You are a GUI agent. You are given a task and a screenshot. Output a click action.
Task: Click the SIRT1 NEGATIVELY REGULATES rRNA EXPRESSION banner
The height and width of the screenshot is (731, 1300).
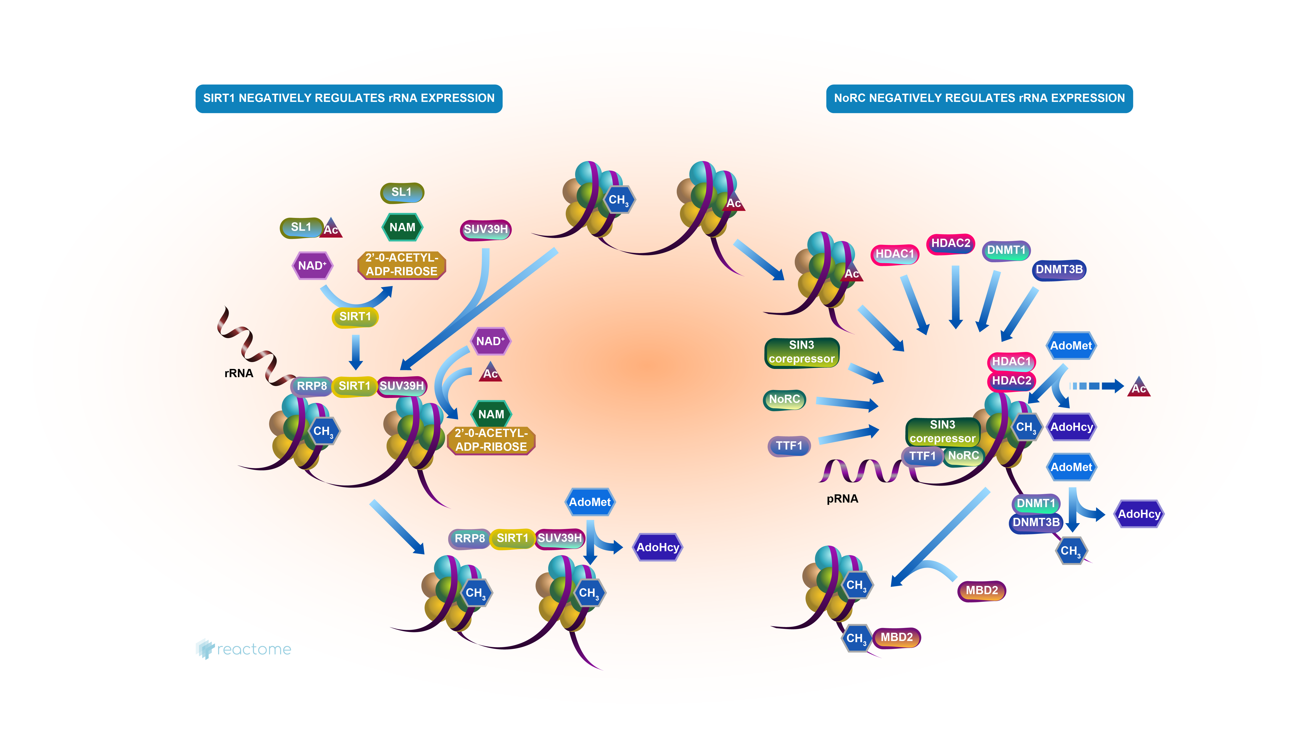(x=349, y=98)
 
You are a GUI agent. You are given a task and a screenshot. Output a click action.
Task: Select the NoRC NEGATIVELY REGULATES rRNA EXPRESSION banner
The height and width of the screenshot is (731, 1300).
(x=979, y=98)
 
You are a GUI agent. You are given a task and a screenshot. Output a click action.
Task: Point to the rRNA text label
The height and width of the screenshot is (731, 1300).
(x=239, y=373)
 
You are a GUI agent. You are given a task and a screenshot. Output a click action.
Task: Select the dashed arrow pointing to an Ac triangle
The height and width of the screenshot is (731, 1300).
(x=1095, y=386)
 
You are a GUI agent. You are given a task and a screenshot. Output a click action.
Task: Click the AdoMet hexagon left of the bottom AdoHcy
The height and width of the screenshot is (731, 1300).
(x=589, y=502)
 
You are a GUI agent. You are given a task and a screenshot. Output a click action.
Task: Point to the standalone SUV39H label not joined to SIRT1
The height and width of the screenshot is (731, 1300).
(x=486, y=229)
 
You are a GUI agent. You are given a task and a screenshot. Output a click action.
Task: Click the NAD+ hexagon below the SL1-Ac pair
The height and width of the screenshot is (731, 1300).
(x=312, y=265)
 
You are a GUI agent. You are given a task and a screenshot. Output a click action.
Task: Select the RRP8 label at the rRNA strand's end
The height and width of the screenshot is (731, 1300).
(x=311, y=386)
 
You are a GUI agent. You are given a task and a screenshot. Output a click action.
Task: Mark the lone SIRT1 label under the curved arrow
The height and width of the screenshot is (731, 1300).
(x=355, y=317)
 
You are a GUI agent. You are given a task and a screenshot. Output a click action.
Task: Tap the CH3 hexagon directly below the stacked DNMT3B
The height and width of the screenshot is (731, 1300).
(x=1070, y=551)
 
